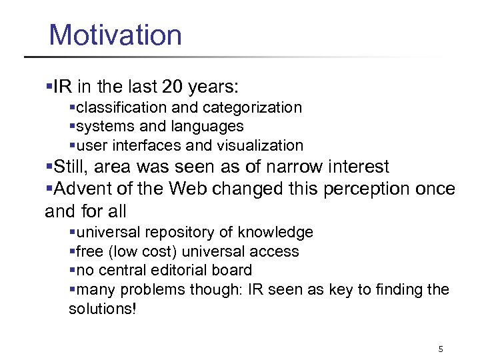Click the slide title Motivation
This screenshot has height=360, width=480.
pyautogui.click(x=115, y=35)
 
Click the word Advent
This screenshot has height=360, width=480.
pyautogui.click(x=83, y=189)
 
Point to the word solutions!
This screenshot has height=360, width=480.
pyautogui.click(x=102, y=309)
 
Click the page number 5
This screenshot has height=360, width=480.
pyautogui.click(x=441, y=349)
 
